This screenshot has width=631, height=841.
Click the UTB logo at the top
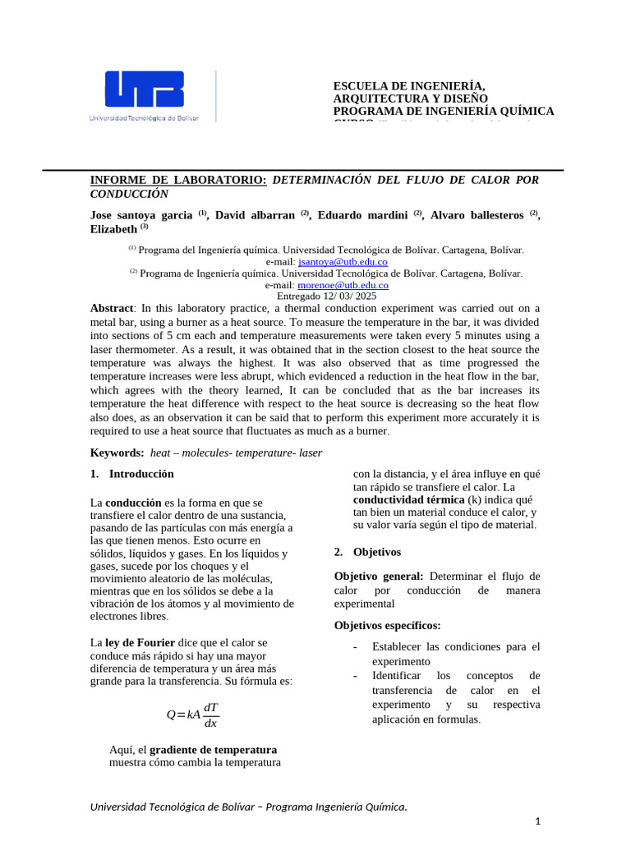[x=145, y=95]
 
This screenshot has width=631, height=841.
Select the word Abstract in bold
[x=111, y=308]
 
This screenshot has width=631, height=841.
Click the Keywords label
[x=117, y=453]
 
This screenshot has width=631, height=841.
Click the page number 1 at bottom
[x=537, y=821]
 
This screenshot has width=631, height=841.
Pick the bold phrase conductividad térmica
[x=397, y=499]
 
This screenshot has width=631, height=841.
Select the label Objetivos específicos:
[x=387, y=625]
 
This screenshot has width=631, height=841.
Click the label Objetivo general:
[x=379, y=576]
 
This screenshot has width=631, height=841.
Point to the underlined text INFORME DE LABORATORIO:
[x=178, y=179]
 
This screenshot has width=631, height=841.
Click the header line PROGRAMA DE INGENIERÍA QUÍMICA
[x=443, y=111]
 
